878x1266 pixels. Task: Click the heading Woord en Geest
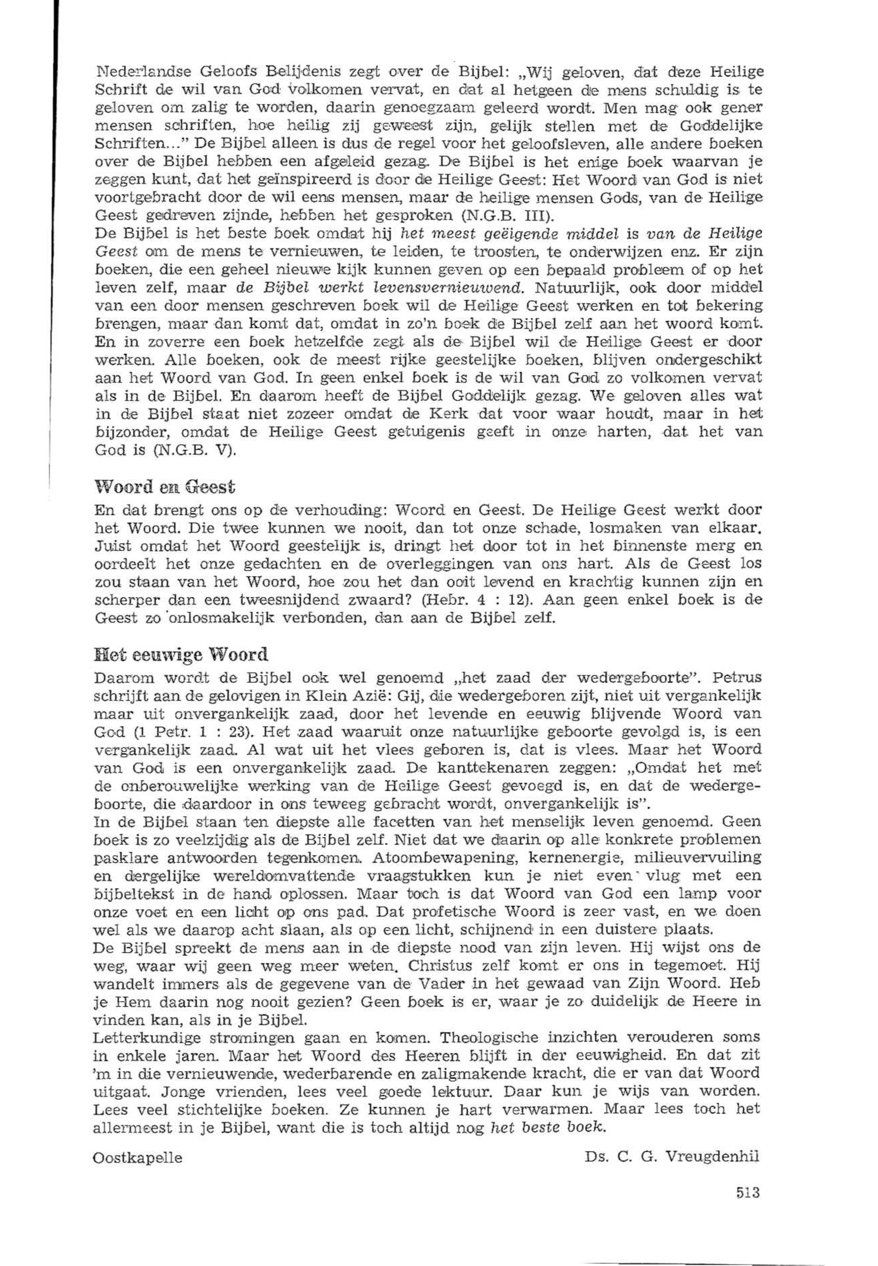coord(165,486)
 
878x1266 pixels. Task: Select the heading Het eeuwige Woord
coord(181,655)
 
